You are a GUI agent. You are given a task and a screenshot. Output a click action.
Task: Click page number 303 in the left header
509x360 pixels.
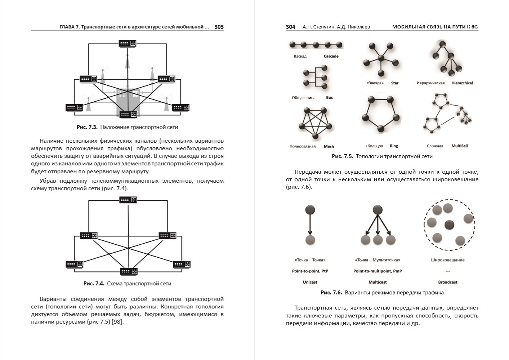219,27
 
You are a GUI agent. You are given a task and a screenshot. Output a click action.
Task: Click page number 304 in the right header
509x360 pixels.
290,27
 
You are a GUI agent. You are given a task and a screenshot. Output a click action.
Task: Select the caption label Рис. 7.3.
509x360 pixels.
87,127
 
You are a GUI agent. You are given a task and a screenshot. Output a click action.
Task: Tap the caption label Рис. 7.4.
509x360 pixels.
94,284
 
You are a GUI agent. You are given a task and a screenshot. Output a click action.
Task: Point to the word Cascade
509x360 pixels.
331,56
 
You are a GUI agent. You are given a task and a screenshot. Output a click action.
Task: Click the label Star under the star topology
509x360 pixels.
395,83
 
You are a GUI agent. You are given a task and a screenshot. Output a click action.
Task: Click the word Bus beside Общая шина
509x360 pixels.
329,98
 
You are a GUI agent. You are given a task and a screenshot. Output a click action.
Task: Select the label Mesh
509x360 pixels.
329,146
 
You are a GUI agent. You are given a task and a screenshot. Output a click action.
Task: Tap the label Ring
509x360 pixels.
394,146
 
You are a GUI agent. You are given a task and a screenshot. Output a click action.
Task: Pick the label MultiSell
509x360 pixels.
459,146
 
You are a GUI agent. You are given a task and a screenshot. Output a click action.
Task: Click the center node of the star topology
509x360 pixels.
380,58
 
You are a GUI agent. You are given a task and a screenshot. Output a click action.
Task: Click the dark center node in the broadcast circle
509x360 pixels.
449,225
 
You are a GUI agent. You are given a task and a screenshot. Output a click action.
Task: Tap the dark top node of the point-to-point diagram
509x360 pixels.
310,210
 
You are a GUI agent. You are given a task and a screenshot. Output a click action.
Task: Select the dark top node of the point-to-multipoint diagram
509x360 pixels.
377,210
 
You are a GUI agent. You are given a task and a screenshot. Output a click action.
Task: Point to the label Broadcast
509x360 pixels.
447,282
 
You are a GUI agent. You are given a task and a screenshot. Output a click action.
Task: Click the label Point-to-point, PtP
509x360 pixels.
310,271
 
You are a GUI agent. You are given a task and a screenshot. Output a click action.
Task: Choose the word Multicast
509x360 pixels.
378,282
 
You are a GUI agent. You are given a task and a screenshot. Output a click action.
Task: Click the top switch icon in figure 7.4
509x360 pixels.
128,200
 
